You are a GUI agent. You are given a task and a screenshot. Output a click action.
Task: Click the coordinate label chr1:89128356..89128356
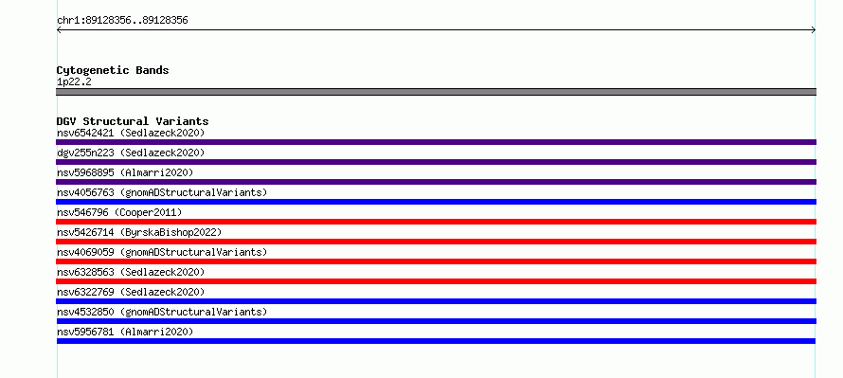coord(122,21)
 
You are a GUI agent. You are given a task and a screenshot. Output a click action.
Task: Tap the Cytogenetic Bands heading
coord(113,70)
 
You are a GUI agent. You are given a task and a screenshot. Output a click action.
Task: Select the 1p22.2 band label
coord(74,81)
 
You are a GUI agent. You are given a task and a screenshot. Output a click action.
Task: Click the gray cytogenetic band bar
coord(436,92)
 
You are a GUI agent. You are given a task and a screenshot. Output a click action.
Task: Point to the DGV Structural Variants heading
coord(133,121)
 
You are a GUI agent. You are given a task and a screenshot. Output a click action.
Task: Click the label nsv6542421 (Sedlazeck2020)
coord(131,133)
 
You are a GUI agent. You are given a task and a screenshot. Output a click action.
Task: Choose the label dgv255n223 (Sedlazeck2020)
coord(131,153)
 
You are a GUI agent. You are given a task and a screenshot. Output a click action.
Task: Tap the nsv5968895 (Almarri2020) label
coord(125,172)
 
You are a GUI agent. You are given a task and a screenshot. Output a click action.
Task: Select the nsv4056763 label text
coord(85,192)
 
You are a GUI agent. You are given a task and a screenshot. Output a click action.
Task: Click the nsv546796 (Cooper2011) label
coord(119,212)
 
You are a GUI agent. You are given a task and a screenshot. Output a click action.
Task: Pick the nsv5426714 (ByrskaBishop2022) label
coord(139,232)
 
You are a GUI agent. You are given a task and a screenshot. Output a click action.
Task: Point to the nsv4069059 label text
coord(85,252)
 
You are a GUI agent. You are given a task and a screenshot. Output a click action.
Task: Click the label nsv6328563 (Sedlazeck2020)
coord(131,272)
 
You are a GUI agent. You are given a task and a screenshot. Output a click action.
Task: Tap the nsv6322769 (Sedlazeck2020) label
coord(131,292)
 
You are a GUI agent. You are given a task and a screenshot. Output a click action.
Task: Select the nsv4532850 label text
coord(85,312)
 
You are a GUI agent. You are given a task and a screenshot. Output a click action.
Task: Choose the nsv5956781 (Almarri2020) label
coord(125,332)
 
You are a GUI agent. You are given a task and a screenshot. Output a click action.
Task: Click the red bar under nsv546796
coord(436,222)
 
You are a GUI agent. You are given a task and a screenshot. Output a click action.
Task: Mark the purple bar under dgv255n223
coord(436,162)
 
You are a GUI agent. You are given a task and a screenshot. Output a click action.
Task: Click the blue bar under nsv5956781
coord(436,341)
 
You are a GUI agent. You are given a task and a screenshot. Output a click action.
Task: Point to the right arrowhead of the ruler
coord(814,30)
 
